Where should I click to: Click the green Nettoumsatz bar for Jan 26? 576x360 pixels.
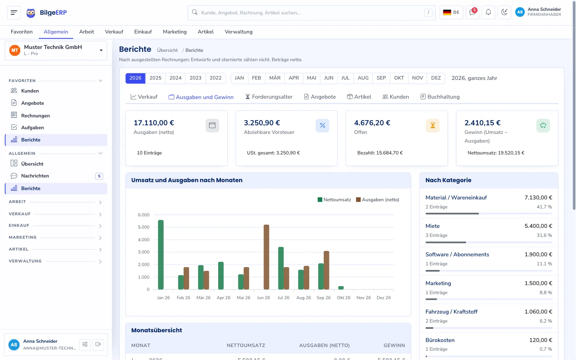pyautogui.click(x=161, y=255)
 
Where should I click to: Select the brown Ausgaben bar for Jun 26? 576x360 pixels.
pyautogui.click(x=266, y=257)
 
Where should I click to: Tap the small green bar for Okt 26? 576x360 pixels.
pyautogui.click(x=341, y=288)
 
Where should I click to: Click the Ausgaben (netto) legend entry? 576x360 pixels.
pyautogui.click(x=378, y=199)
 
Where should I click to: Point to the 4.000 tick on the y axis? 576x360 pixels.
pyautogui.click(x=144, y=239)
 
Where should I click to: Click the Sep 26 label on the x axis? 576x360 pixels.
pyautogui.click(x=324, y=297)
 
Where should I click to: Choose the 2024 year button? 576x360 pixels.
pyautogui.click(x=175, y=78)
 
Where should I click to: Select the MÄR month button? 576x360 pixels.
pyautogui.click(x=275, y=78)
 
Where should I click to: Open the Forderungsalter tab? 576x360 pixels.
pyautogui.click(x=269, y=97)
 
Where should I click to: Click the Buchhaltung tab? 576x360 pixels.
pyautogui.click(x=440, y=97)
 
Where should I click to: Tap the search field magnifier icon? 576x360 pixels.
pyautogui.click(x=195, y=12)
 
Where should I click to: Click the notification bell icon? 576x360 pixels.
pyautogui.click(x=488, y=12)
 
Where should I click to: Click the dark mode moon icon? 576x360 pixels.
pyautogui.click(x=504, y=12)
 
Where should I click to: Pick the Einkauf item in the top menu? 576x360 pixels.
pyautogui.click(x=143, y=32)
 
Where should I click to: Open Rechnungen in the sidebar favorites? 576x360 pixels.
pyautogui.click(x=36, y=116)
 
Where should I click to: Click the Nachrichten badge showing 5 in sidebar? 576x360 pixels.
pyautogui.click(x=99, y=176)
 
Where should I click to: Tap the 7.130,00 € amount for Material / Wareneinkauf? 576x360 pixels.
pyautogui.click(x=538, y=198)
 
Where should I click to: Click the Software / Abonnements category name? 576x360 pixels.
pyautogui.click(x=457, y=254)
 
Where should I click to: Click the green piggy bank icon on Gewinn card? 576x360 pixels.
pyautogui.click(x=543, y=126)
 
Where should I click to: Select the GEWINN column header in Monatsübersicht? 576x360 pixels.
pyautogui.click(x=394, y=345)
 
